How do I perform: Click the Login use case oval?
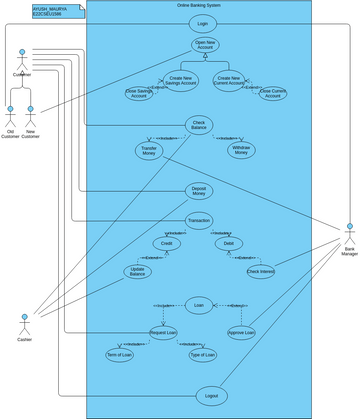[203, 22]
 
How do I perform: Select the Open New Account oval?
[205, 46]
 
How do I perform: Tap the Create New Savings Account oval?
[182, 80]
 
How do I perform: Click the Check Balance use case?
[200, 125]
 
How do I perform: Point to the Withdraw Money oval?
[240, 150]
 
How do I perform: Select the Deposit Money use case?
[200, 190]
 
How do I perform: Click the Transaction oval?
[199, 221]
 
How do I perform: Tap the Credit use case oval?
[167, 244]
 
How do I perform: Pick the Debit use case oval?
[228, 244]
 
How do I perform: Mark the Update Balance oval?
[138, 272]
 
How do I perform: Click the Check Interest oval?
[260, 271]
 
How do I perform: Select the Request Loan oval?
[163, 333]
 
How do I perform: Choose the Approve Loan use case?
[241, 333]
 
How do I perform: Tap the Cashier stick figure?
[23, 324]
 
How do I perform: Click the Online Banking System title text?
[199, 6]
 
